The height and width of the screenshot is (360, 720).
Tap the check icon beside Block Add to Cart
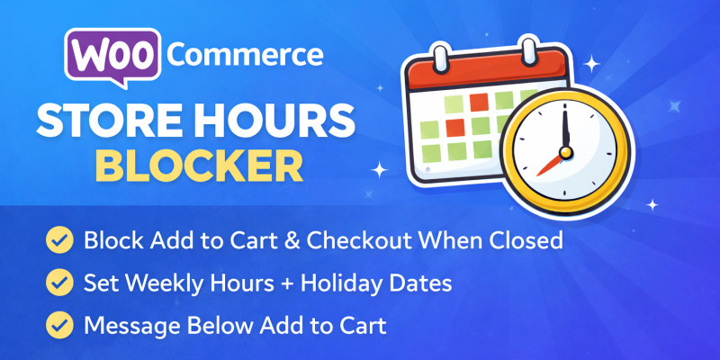60,241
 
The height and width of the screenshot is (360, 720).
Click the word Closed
526,241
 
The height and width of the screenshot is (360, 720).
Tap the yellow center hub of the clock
564,149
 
